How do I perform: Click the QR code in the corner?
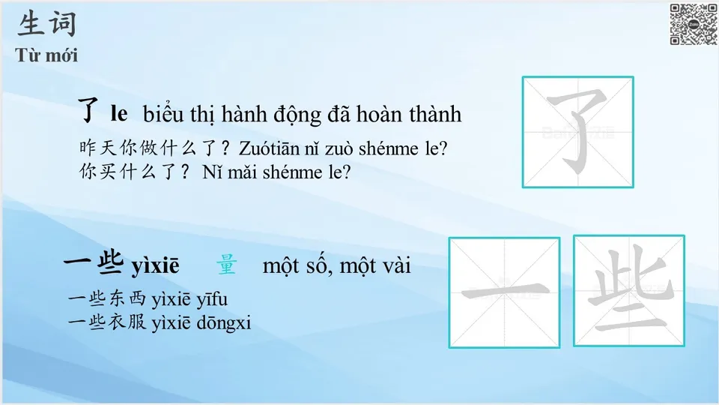693,24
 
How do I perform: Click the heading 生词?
47,24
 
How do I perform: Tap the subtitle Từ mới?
46,55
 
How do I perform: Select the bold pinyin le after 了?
118,115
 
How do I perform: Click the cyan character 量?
226,265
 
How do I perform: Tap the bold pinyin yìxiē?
156,266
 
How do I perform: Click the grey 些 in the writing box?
628,291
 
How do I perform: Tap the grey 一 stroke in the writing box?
503,292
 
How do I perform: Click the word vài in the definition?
395,265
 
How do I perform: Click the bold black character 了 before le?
90,112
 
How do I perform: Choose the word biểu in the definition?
162,115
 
